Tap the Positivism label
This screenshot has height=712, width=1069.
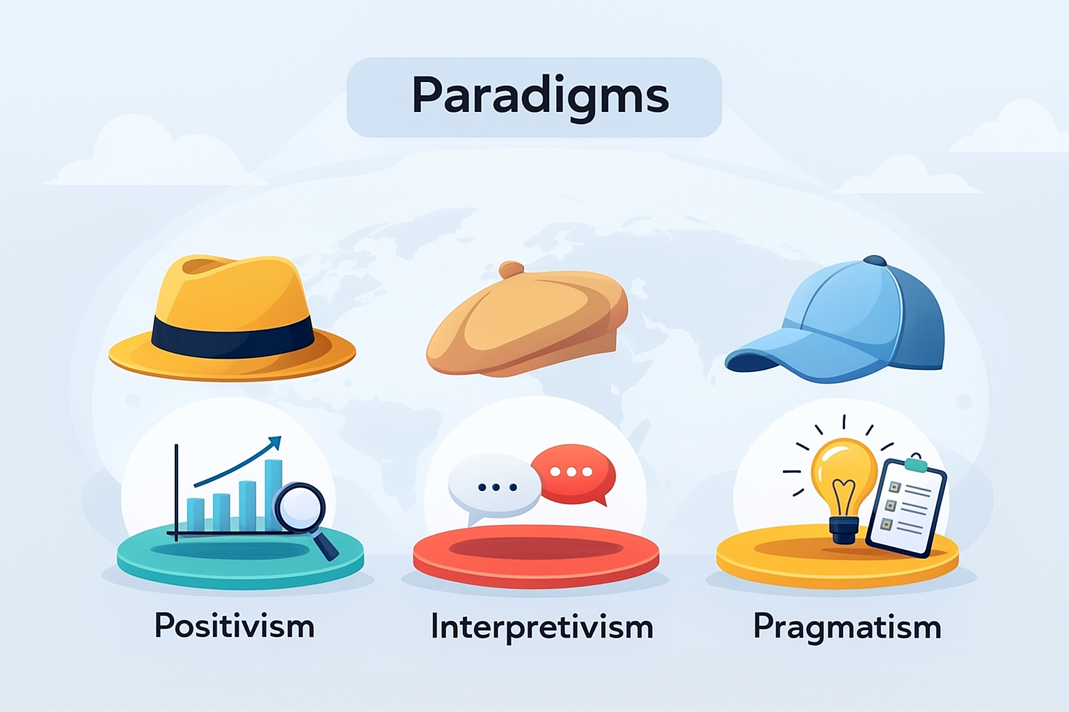point(235,625)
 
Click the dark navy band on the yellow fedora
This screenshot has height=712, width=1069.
point(232,337)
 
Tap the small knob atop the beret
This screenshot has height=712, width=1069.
point(512,269)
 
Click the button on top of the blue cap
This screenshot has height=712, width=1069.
point(875,260)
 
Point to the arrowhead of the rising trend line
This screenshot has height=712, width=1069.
point(275,442)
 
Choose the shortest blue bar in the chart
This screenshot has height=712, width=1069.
point(196,515)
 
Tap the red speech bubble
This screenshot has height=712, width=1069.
point(573,474)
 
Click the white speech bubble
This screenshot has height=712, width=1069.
point(494,487)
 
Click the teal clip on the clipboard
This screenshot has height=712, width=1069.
point(916,463)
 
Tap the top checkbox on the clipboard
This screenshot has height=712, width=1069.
point(894,487)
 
